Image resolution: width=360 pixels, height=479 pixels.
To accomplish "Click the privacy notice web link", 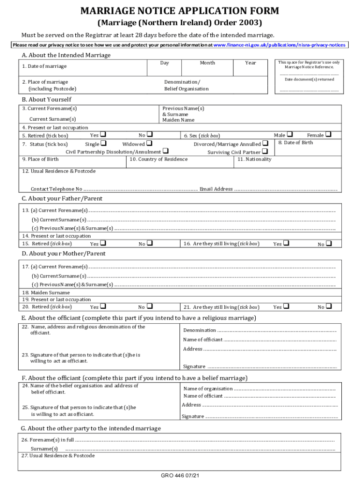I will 279,45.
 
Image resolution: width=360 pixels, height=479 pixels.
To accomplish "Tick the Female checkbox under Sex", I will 328,135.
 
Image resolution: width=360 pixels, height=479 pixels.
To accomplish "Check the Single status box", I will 103,144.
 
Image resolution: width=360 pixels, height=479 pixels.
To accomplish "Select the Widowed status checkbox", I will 149,144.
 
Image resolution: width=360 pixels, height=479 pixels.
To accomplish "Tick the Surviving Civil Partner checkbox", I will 265,152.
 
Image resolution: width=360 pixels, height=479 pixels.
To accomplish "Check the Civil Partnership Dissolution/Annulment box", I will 166,151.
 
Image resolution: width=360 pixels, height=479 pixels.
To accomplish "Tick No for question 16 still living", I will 329,244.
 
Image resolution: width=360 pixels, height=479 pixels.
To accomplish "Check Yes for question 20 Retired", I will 103,307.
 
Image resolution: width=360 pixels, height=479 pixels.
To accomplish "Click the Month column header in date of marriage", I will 207,63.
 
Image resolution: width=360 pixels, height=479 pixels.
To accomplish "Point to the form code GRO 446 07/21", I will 180,475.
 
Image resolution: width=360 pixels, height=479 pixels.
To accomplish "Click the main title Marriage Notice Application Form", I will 180,11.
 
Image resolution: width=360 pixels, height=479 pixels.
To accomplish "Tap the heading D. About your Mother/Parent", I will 64,254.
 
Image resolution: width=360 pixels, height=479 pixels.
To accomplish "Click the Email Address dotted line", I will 285,189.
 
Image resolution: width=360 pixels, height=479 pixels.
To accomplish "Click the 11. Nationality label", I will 254,160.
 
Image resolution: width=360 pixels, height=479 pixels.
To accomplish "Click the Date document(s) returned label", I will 309,80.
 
